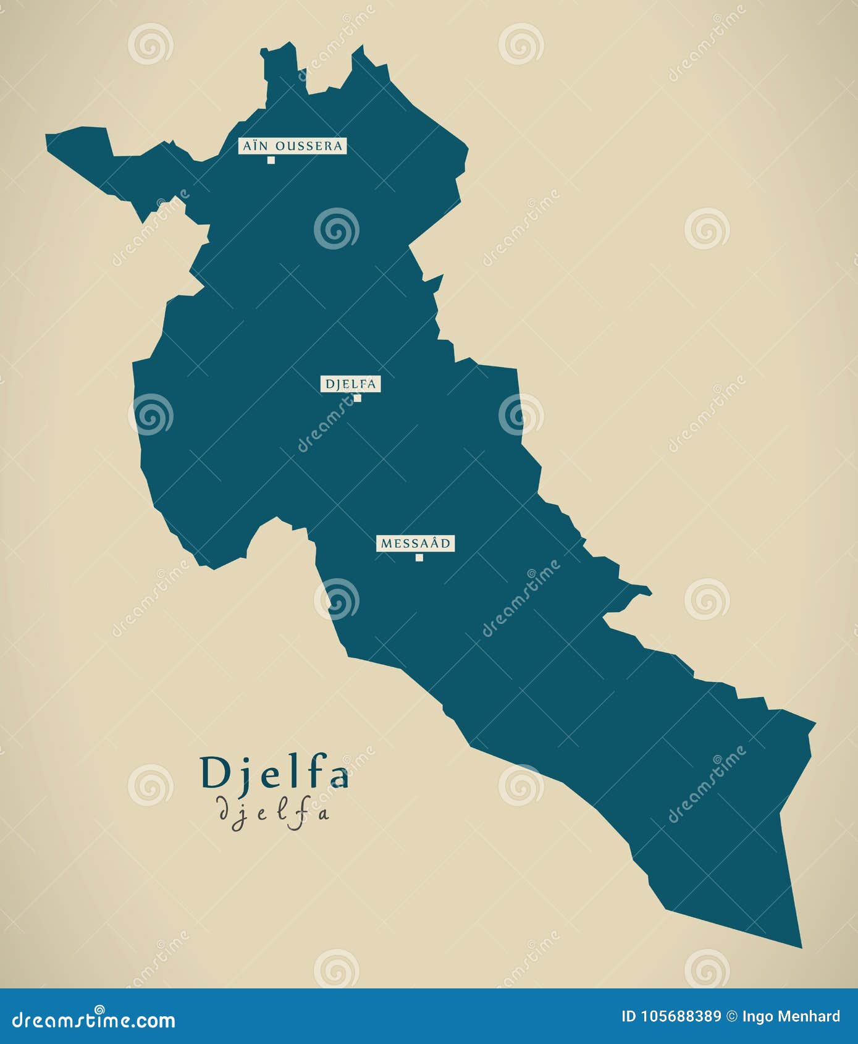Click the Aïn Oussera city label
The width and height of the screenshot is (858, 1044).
[292, 146]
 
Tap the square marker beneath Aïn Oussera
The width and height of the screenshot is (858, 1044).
[271, 161]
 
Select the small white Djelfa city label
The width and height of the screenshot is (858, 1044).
[350, 384]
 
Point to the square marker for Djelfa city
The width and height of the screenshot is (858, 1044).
[357, 398]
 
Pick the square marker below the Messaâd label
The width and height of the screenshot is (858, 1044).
[419, 558]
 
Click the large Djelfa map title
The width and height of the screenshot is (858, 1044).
[274, 773]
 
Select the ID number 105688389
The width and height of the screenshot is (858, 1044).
[679, 1016]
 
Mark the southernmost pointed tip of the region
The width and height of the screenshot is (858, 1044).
[801, 946]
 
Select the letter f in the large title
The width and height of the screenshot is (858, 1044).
[311, 772]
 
